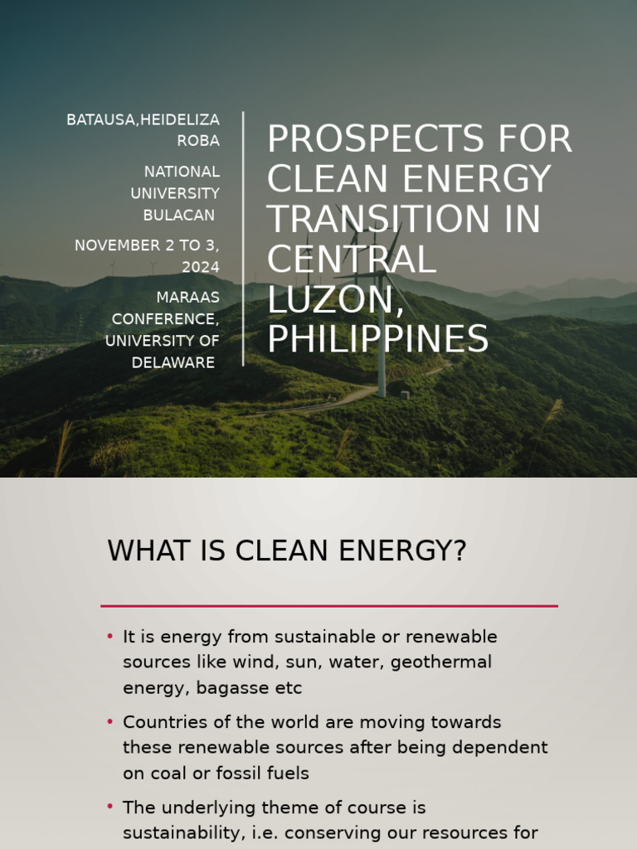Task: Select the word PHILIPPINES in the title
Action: click(377, 339)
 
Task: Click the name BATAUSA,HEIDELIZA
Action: click(143, 120)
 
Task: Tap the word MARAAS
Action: click(188, 297)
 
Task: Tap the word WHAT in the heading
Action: click(143, 551)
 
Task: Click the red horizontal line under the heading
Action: click(328, 606)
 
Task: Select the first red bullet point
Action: click(109, 637)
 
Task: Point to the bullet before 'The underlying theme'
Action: click(109, 807)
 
